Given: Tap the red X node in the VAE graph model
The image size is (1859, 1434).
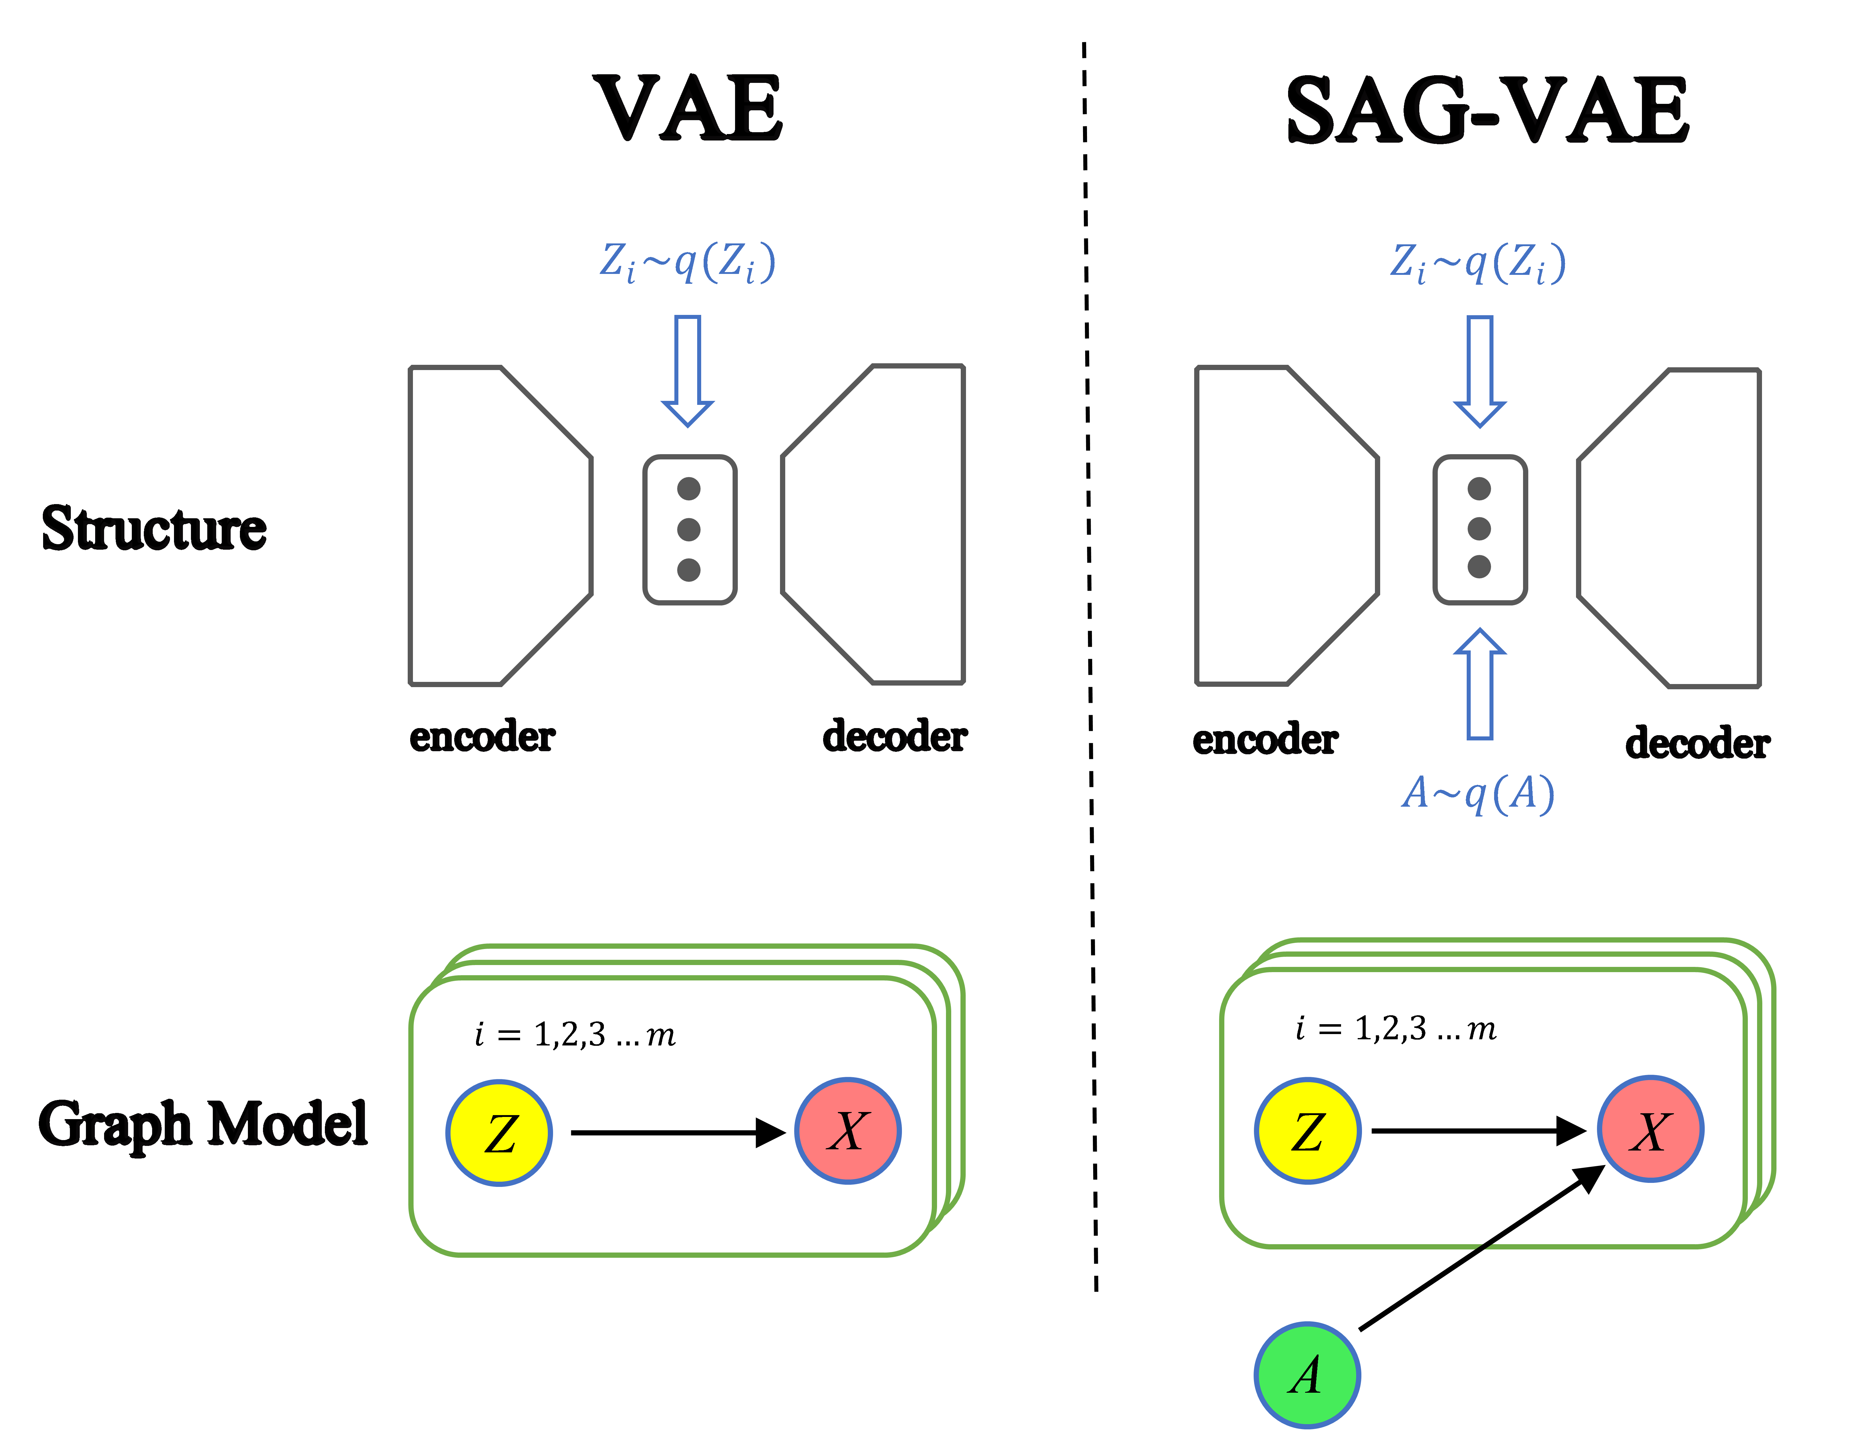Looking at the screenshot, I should (848, 1131).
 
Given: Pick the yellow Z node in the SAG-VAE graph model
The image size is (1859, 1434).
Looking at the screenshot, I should (1307, 1131).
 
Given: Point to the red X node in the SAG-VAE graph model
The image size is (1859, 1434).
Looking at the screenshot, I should (1651, 1129).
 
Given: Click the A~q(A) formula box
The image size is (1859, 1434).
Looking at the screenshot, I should (1478, 794).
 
